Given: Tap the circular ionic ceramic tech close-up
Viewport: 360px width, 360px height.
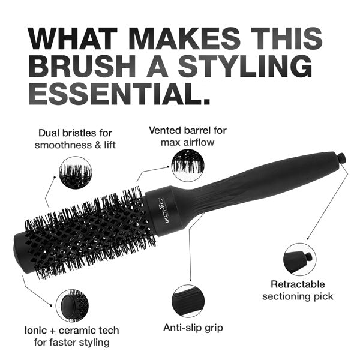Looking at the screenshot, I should pos(73,305).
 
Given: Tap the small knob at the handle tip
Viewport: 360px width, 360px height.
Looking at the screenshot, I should pos(341,159).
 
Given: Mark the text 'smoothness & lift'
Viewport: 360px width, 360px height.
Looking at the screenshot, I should pos(74,145).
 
